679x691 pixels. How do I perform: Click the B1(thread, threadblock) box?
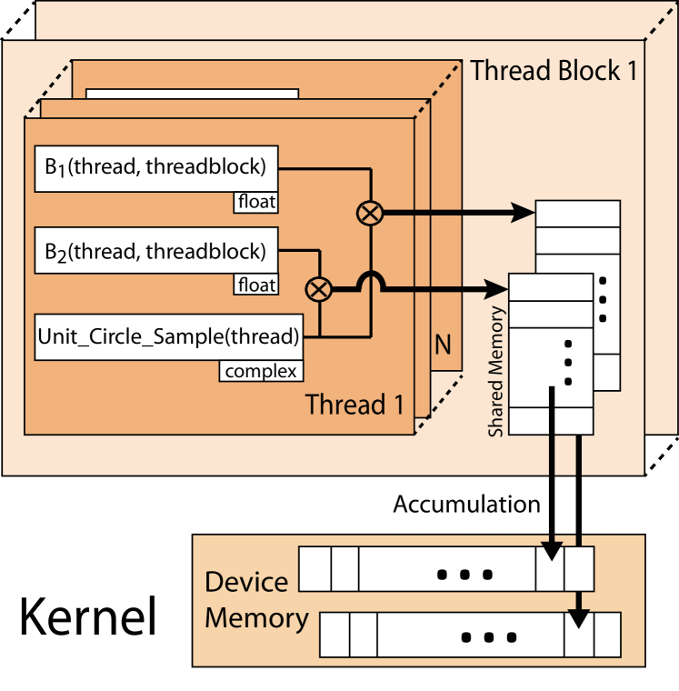[x=155, y=168]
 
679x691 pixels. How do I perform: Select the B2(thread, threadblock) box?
[x=155, y=251]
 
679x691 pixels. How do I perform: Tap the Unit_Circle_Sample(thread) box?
[x=168, y=337]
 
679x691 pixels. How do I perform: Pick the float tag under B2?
[x=255, y=285]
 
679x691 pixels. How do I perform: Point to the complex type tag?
[x=261, y=371]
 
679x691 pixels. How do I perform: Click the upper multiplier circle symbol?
[x=370, y=214]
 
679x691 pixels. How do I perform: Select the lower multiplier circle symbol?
[x=318, y=289]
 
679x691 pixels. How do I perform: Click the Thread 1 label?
[x=354, y=405]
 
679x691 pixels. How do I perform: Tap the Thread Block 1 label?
[x=554, y=71]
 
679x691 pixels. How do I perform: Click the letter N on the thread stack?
[x=443, y=345]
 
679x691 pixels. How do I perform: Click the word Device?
[x=246, y=582]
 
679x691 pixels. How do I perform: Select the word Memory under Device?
[x=256, y=618]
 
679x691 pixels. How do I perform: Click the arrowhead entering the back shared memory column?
[x=524, y=214]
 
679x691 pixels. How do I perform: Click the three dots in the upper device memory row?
[x=464, y=575]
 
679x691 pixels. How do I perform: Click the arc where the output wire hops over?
[x=370, y=280]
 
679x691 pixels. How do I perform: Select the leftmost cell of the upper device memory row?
[x=315, y=569]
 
